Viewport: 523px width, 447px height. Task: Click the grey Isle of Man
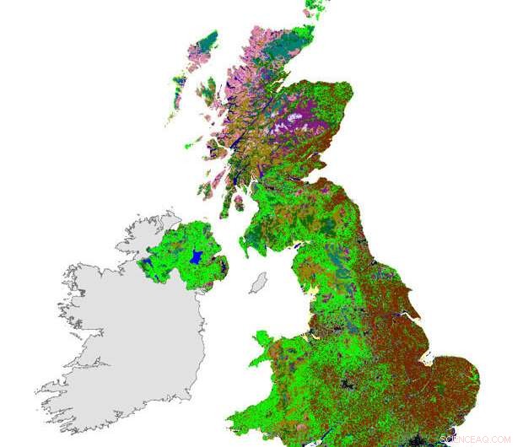coord(258,283)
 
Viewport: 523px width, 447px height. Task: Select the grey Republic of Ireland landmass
coord(127,337)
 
